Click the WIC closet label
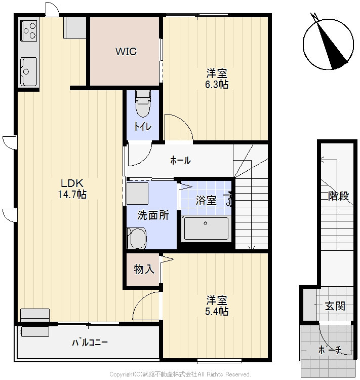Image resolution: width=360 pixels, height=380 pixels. click(126, 51)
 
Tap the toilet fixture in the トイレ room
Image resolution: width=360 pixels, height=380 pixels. click(143, 103)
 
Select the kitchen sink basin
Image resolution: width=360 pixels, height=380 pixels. click(29, 71)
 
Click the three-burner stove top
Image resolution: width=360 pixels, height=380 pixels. click(29, 30)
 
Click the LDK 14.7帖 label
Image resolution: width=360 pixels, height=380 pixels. click(72, 189)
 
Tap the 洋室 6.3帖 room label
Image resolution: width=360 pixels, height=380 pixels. click(217, 79)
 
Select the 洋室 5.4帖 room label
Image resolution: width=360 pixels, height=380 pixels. click(217, 306)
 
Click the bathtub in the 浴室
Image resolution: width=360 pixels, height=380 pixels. click(206, 228)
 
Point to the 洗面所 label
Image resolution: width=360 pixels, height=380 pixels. click(153, 215)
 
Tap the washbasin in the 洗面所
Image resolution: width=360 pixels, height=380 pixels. click(137, 238)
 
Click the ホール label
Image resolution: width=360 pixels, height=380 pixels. click(180, 160)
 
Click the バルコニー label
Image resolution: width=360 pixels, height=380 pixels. click(90, 342)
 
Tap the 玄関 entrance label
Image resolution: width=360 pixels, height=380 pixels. click(335, 306)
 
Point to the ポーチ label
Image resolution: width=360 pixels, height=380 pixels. click(330, 350)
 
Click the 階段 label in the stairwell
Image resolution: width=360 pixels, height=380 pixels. click(338, 196)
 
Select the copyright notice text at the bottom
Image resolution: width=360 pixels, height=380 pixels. click(180, 374)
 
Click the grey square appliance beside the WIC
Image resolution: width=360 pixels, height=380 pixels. click(75, 28)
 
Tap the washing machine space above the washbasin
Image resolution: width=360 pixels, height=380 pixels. click(137, 194)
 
